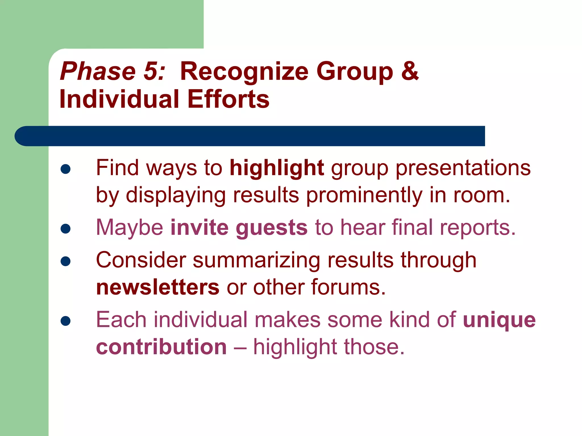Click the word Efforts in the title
pos(228,99)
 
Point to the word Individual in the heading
pos(119,99)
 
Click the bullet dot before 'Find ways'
pos(66,169)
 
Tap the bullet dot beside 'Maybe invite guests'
pos(66,229)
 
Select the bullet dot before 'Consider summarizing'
pos(66,261)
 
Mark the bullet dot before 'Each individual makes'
pos(66,321)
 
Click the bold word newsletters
pos(158,287)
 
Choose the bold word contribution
pos(161,347)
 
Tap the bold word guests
pos(272,228)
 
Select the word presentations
pos(463,168)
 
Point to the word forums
pos(348,287)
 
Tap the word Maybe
pos(130,228)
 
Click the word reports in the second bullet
pos(477,228)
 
